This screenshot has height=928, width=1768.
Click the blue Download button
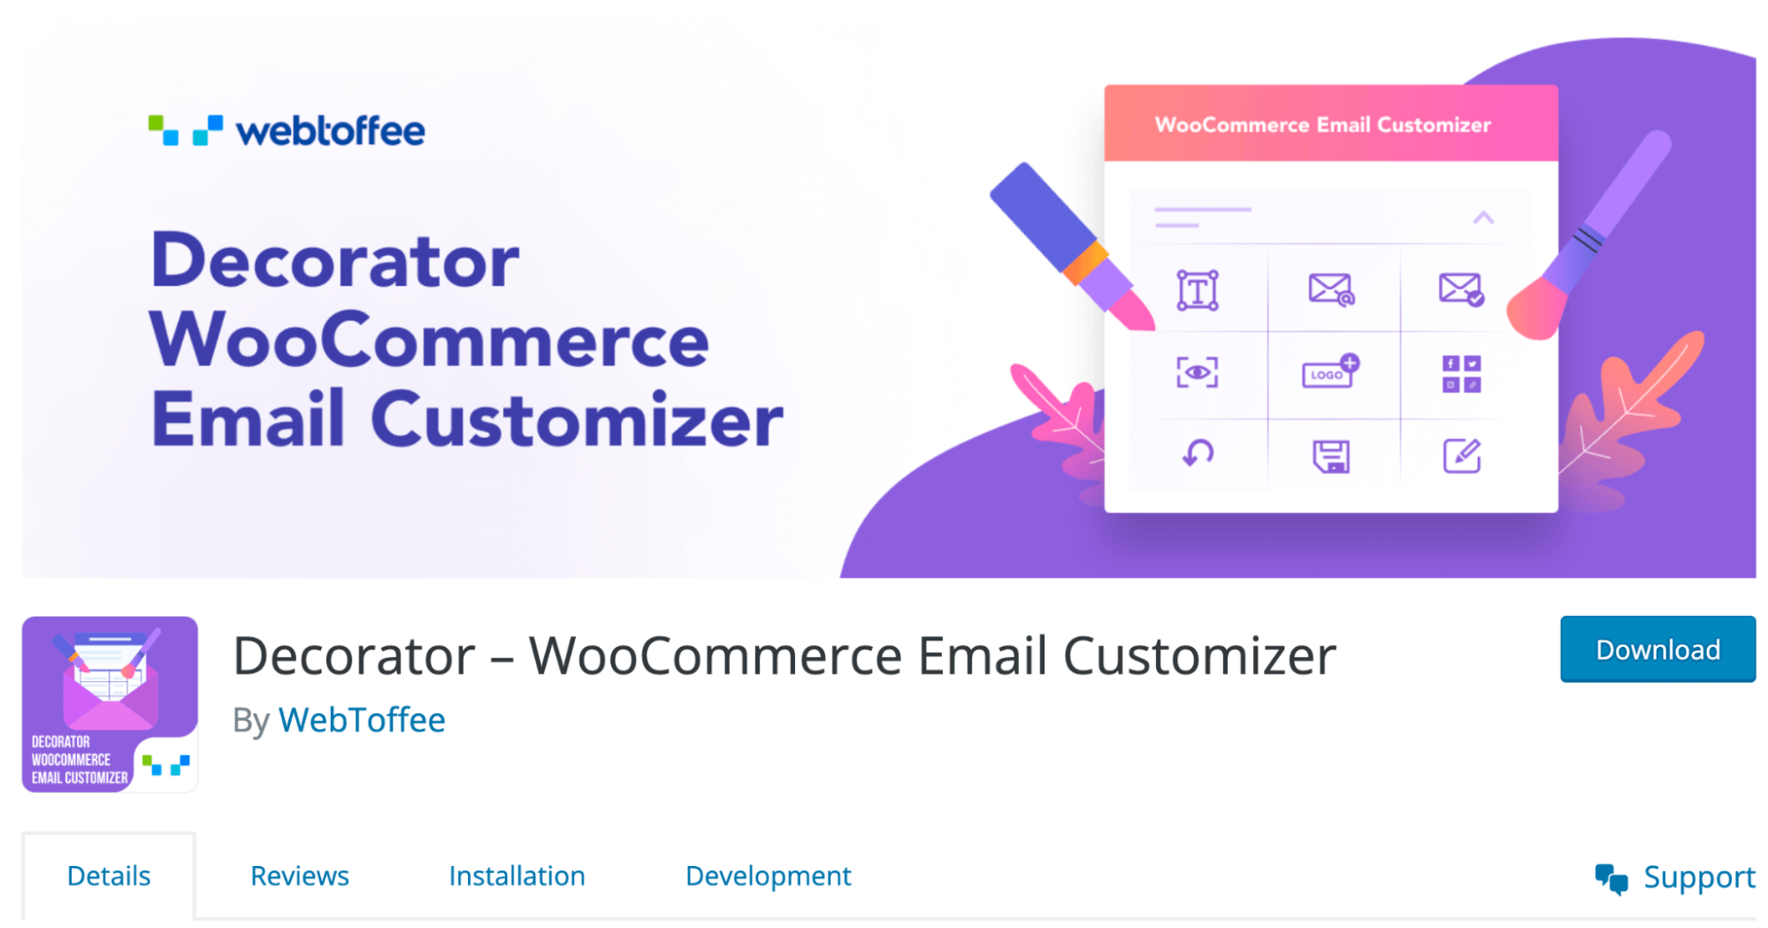click(1657, 648)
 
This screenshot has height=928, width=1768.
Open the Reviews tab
click(300, 875)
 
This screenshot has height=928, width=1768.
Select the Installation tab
click(517, 875)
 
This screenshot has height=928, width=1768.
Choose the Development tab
click(768, 876)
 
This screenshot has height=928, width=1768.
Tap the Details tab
click(109, 875)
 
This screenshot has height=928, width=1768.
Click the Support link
click(1674, 877)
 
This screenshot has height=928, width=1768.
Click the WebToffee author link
click(362, 719)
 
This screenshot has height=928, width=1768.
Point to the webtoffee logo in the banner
click(287, 130)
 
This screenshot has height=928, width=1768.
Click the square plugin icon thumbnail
click(110, 703)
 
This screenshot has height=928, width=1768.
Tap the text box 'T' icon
click(1198, 290)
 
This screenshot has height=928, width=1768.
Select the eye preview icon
click(1198, 372)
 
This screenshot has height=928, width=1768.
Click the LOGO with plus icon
click(1330, 372)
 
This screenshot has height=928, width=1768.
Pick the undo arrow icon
click(1198, 453)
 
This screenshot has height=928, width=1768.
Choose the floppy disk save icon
click(1331, 456)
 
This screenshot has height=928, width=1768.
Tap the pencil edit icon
click(1462, 456)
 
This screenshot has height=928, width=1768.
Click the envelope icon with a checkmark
click(1461, 289)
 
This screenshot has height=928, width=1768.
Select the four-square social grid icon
click(1461, 374)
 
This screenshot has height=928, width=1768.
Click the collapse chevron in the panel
click(1483, 218)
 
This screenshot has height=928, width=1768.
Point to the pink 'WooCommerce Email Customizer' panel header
click(1331, 123)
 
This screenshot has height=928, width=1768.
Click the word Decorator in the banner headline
click(335, 261)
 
